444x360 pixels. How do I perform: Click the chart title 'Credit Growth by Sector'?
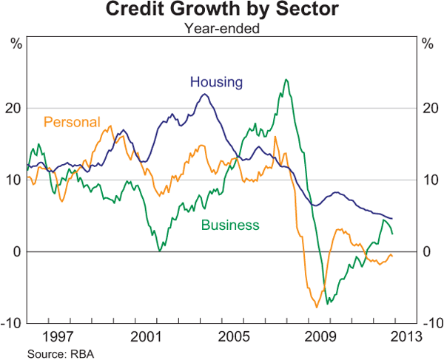click(221, 10)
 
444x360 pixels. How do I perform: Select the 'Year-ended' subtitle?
click(221, 29)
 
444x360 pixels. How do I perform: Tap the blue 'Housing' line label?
click(216, 81)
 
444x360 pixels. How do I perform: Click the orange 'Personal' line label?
click(72, 122)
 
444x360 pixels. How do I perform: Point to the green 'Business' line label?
click(230, 225)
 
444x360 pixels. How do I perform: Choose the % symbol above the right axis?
click(428, 42)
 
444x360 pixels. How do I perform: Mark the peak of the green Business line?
click(286, 79)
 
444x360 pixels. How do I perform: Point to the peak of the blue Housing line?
click(205, 94)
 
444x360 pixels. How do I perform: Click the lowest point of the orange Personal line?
click(316, 307)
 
